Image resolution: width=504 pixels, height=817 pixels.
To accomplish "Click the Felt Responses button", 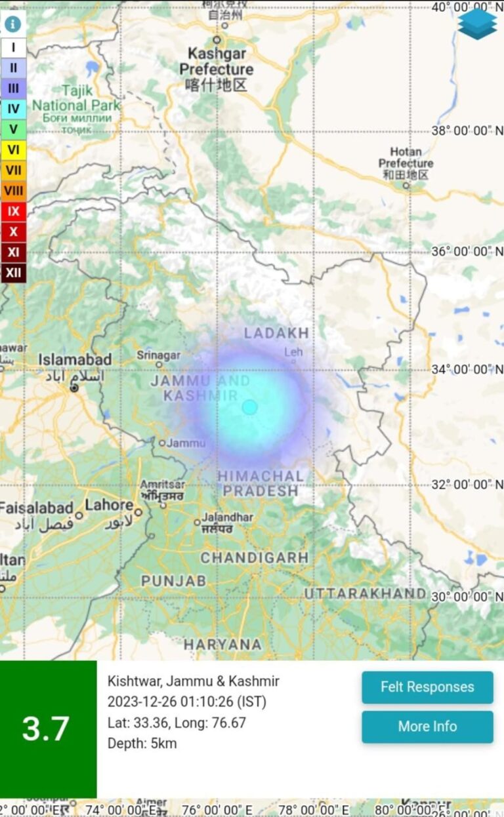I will pos(427,687).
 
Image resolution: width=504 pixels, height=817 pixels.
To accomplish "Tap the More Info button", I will pos(427,727).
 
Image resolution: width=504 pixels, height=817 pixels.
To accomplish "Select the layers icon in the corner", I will pos(477,24).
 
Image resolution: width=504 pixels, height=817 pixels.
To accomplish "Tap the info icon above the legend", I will pos(13,24).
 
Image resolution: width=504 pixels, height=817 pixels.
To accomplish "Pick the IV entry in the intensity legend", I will pos(13,109).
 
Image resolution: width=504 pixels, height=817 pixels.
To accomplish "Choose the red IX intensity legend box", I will pos(13,211).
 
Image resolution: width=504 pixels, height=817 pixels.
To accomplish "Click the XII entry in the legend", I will pos(13,272).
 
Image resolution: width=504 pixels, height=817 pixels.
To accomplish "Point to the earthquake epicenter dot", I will pos(249,407).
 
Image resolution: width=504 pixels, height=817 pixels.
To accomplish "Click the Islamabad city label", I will pos(75,359).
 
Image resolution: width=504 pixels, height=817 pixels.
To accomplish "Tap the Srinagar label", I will pos(158,355).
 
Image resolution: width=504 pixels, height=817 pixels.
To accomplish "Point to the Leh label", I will pos(293,352).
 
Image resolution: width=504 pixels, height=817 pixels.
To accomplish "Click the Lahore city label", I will pos(109,506).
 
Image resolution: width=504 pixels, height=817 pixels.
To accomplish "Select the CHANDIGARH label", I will pos(254,558).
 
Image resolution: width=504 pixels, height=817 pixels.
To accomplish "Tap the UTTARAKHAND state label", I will pos(365,593).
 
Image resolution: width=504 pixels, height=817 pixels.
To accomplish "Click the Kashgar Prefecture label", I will pos(216,61).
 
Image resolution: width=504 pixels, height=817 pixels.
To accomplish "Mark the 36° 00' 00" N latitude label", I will pos(467,252).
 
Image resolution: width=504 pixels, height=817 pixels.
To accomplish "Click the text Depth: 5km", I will pos(142,744).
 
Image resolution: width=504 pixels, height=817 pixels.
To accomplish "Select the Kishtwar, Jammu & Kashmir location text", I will pos(193,681).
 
